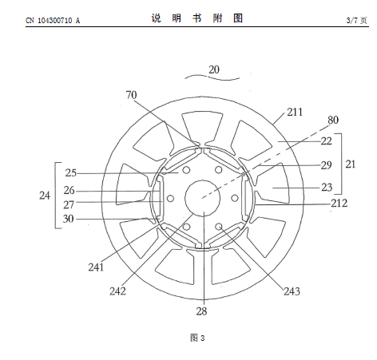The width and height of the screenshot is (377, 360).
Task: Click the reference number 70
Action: (x=131, y=95)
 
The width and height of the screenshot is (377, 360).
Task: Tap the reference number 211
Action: (x=295, y=112)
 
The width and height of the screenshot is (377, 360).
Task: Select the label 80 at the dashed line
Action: (x=333, y=120)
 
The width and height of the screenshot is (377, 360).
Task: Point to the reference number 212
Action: (x=339, y=204)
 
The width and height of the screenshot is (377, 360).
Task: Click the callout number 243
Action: (x=292, y=291)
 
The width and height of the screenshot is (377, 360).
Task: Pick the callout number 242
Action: (x=117, y=291)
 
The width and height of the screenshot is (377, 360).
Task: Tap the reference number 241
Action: (x=96, y=267)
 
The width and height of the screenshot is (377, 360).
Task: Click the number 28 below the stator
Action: (x=201, y=311)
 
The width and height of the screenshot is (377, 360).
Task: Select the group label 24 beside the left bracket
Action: (x=45, y=196)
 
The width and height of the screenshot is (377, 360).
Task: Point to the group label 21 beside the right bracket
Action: (x=351, y=164)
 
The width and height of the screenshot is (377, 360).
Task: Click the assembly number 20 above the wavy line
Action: (x=214, y=69)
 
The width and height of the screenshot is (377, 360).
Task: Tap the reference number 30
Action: (x=68, y=219)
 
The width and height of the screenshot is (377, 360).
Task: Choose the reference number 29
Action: (x=326, y=165)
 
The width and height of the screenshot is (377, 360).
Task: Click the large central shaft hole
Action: (x=203, y=198)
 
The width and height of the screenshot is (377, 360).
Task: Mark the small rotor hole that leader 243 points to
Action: (x=219, y=227)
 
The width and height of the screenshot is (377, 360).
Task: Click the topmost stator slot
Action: (x=202, y=127)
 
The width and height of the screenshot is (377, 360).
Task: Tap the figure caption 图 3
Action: (x=197, y=338)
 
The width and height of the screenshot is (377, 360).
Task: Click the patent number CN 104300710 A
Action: (x=53, y=21)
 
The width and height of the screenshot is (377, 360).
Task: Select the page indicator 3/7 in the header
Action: (x=351, y=20)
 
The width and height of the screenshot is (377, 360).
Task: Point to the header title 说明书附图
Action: (x=197, y=18)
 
